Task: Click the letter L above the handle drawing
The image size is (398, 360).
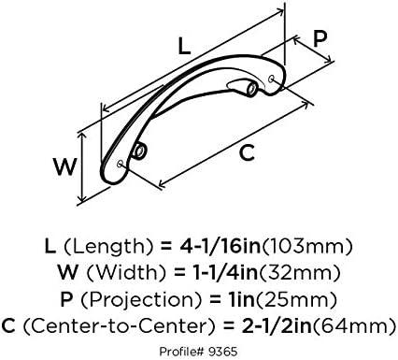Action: click(x=184, y=46)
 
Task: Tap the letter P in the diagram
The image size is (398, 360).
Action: click(x=320, y=38)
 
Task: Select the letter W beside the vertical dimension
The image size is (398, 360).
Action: click(x=64, y=166)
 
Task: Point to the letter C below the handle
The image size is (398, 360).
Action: click(x=247, y=152)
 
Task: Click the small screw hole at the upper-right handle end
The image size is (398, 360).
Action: click(x=271, y=78)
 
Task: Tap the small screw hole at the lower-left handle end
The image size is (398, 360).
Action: click(x=120, y=164)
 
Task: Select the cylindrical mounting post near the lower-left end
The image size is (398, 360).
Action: click(x=139, y=151)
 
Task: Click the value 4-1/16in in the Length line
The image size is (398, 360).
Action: click(x=220, y=246)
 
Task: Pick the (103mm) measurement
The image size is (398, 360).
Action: click(x=308, y=247)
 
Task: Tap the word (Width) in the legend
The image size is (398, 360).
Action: click(x=126, y=272)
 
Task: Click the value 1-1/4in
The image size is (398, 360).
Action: click(x=223, y=272)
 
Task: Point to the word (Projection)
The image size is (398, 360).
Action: click(x=141, y=300)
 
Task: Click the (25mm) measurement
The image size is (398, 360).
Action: click(x=296, y=300)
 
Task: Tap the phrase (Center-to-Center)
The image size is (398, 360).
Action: click(x=119, y=326)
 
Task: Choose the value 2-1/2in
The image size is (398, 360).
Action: click(x=276, y=326)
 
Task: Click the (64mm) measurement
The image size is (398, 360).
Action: click(x=354, y=326)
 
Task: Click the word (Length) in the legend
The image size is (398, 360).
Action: click(x=108, y=247)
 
